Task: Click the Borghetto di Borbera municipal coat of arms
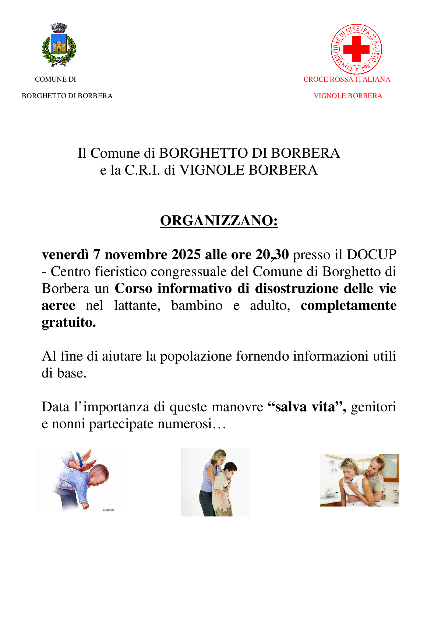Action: click(59, 46)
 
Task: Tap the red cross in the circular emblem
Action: click(356, 49)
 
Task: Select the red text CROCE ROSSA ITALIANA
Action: click(347, 79)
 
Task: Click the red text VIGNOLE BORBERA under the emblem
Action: click(348, 96)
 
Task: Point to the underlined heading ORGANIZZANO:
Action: click(219, 221)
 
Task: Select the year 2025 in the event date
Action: click(186, 254)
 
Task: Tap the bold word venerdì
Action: click(65, 254)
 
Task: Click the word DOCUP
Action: click(371, 254)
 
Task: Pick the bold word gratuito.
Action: click(69, 322)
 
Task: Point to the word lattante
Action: click(137, 305)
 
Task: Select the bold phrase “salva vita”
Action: click(307, 407)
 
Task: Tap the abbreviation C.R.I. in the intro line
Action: click(142, 170)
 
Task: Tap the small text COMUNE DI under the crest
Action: click(56, 79)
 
